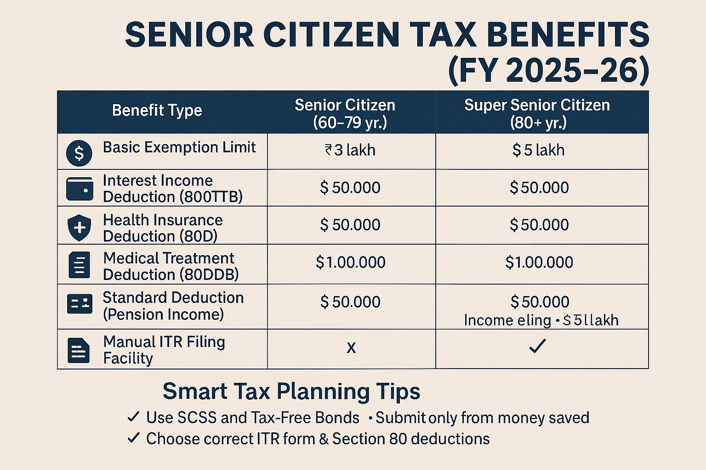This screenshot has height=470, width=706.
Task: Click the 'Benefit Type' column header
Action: click(157, 111)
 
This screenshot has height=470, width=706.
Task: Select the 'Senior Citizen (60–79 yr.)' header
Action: click(345, 114)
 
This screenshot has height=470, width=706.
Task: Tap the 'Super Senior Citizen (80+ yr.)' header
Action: click(537, 114)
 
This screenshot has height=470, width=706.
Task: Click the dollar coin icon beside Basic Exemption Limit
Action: click(79, 153)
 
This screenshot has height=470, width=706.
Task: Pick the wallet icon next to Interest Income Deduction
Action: click(80, 189)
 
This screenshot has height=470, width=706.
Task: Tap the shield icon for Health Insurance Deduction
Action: click(80, 227)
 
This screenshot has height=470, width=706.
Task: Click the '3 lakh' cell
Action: click(350, 150)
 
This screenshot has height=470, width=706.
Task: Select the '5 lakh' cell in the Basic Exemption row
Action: click(538, 150)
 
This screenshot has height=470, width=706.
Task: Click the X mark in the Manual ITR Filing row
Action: click(351, 348)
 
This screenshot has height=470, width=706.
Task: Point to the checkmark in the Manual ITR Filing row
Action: click(537, 346)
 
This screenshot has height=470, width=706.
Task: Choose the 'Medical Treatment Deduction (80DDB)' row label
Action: click(171, 266)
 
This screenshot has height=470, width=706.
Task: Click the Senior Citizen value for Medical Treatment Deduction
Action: click(350, 263)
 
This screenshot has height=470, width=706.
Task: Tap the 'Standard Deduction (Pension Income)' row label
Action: click(173, 306)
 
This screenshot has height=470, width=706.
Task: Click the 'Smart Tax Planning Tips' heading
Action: click(291, 392)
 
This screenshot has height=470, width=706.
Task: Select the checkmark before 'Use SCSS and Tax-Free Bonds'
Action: click(133, 417)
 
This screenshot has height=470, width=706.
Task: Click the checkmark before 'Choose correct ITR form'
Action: click(133, 438)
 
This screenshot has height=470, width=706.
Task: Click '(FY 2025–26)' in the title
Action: click(549, 71)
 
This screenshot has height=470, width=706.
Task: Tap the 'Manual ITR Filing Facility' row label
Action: click(164, 350)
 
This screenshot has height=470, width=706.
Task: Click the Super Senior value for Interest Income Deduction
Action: click(539, 188)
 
